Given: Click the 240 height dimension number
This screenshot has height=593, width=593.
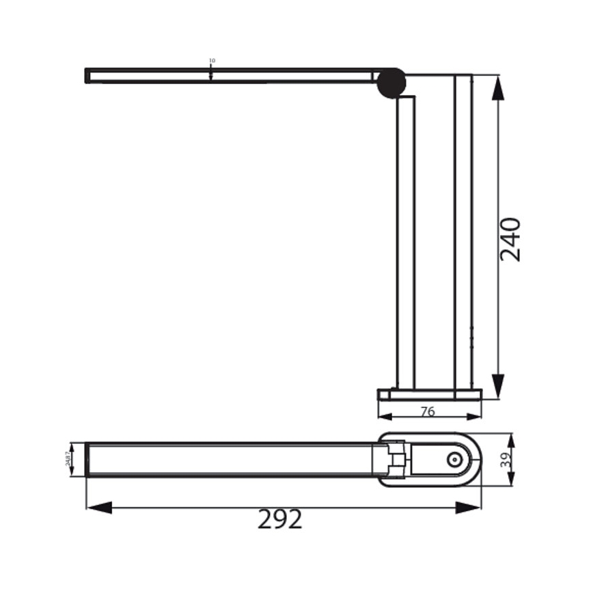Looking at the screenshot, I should pos(510,239).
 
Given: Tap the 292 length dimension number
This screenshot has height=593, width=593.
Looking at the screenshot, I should pos(280,520).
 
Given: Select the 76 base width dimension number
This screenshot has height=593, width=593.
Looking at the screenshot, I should pos(428,411).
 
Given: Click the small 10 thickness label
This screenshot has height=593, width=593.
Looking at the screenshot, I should pos(212,61).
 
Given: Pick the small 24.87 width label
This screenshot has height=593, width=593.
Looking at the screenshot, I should pos(68,459).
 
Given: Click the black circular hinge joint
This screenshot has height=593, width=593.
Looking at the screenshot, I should pos(391,83).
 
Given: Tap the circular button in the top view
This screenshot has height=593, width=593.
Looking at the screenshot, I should pos(454,460).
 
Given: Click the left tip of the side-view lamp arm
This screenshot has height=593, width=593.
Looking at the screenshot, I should pos(87,75).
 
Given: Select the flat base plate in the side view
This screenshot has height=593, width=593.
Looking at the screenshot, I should pos(430,394).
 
